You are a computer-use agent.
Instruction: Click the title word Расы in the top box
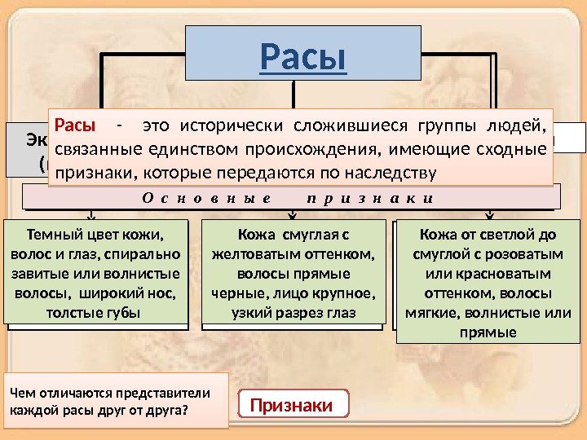point(303,56)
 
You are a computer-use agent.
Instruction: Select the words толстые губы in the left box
point(94,312)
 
